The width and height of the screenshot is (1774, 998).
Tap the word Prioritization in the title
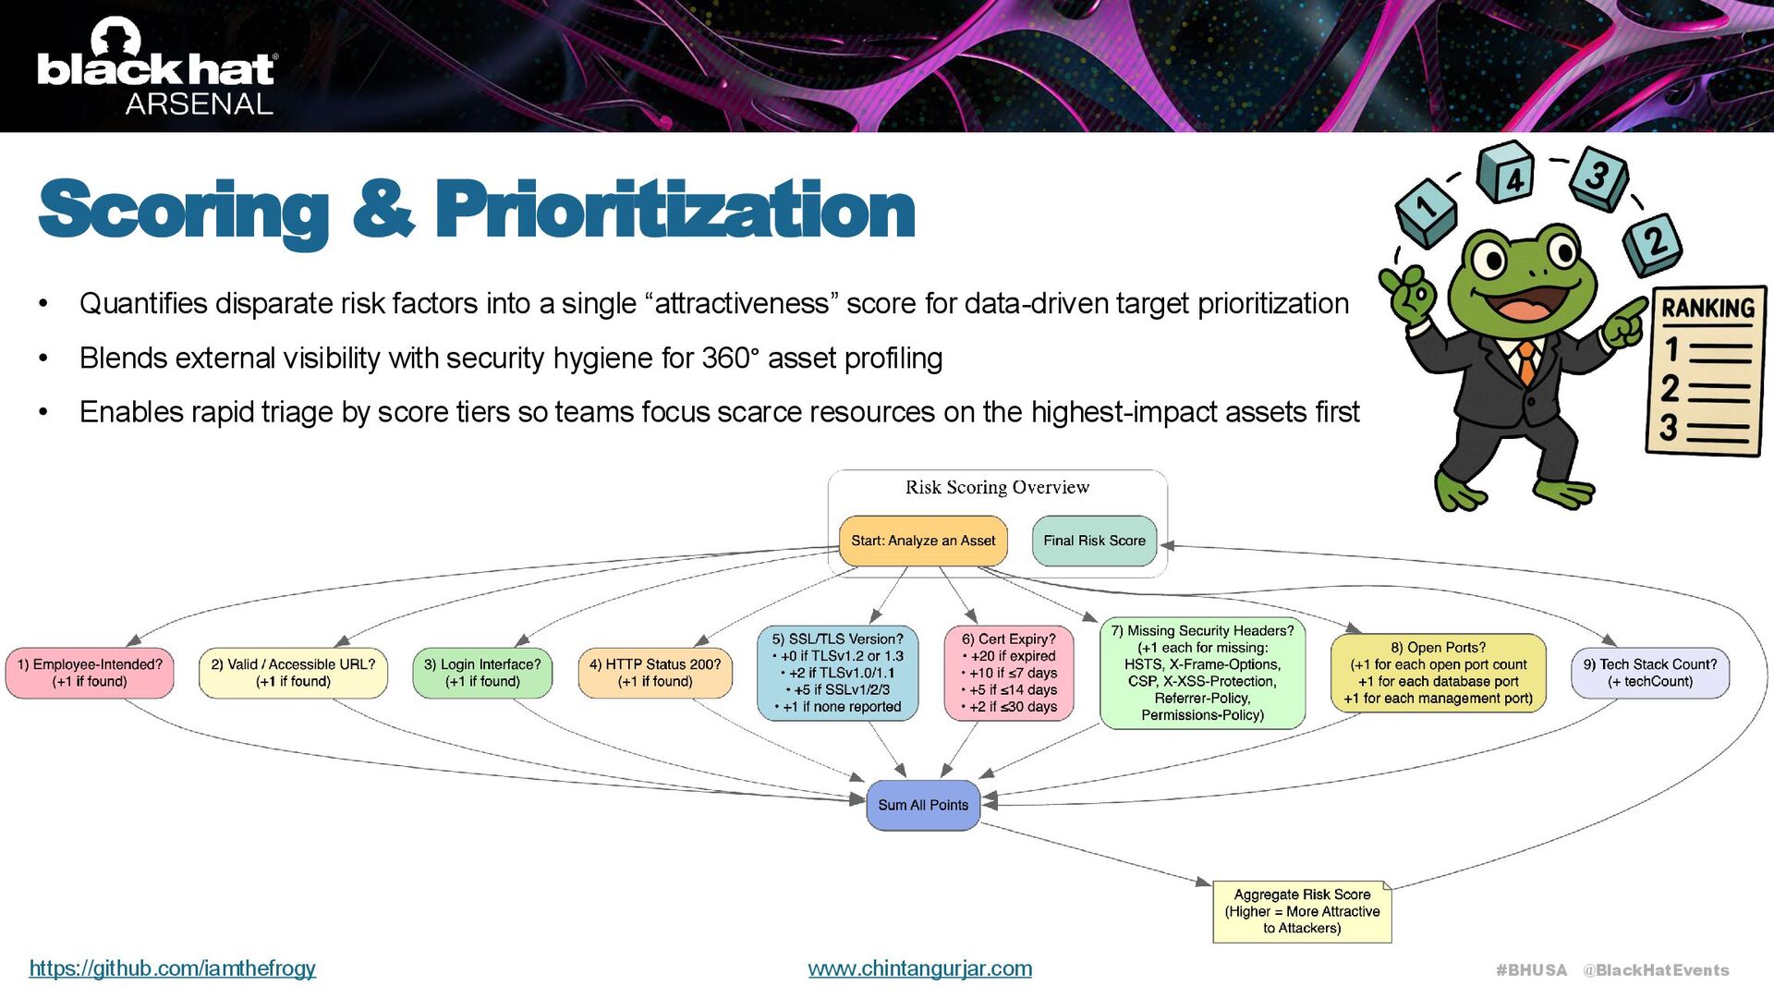point(674,211)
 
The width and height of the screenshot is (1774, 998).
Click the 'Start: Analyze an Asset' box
point(922,541)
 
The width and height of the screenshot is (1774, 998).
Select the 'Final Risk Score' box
point(1094,541)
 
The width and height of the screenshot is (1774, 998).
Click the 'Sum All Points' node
point(922,805)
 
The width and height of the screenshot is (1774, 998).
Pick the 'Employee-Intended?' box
point(90,673)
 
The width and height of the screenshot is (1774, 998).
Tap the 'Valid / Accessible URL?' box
point(293,673)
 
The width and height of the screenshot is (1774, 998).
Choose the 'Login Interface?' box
point(482,673)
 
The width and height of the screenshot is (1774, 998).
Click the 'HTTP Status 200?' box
point(655,673)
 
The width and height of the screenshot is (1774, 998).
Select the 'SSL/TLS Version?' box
point(837,673)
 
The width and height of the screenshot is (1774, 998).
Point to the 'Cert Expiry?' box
point(1008,673)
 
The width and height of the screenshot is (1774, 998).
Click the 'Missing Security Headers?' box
point(1202,673)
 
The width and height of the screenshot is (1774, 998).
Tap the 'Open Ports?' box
point(1438,673)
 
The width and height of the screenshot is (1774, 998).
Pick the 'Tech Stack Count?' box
point(1649,673)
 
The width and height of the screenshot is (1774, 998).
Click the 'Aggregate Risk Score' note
point(1302,911)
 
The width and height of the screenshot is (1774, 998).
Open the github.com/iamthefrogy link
point(173,968)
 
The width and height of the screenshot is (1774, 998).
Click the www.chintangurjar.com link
point(919,968)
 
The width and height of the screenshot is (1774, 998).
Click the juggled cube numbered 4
point(1506,174)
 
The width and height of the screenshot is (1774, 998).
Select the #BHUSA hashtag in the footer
point(1531,970)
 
